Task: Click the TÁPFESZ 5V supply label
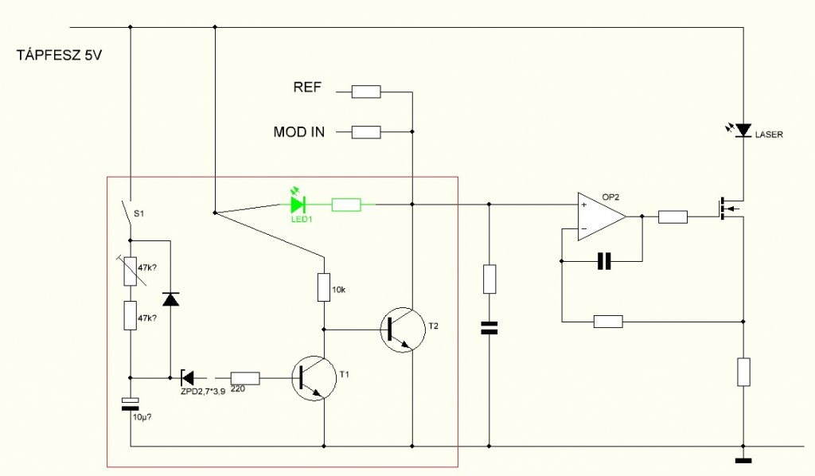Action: (59, 55)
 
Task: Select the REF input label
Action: (307, 87)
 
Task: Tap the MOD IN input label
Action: (299, 132)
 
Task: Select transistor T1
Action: (314, 378)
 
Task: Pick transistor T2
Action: (402, 330)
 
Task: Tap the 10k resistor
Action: (324, 287)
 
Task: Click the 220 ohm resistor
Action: (245, 378)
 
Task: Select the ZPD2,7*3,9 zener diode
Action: (186, 378)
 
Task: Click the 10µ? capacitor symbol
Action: (130, 404)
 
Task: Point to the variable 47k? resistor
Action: (131, 271)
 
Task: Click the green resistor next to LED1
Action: (346, 205)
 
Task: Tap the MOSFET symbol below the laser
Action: (729, 209)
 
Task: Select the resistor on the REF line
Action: (366, 92)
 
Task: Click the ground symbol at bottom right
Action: (743, 460)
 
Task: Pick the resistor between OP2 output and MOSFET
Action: (673, 217)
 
